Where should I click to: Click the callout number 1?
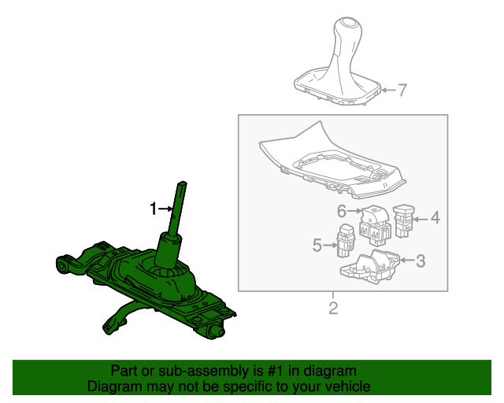tap(154, 209)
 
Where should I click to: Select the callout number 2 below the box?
tap(332, 306)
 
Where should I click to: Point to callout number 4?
tap(434, 217)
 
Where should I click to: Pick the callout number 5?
tap(317, 245)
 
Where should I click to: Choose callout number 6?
tap(342, 210)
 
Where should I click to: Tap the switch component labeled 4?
tap(405, 220)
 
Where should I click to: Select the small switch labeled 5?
tap(345, 240)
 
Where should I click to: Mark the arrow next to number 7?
tap(388, 91)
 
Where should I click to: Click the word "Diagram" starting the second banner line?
tap(115, 386)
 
